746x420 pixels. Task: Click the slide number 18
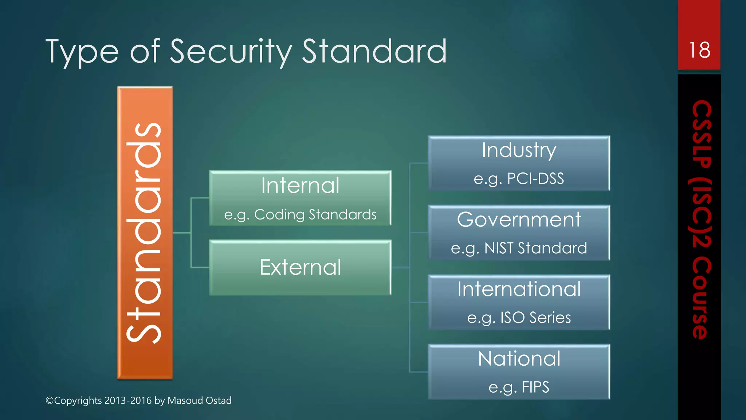coord(699,50)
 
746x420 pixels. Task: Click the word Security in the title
coord(231,51)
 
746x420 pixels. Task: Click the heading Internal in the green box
coord(300,186)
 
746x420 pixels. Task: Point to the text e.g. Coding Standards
coord(300,214)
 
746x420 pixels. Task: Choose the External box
coord(300,267)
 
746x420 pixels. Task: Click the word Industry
coord(519,150)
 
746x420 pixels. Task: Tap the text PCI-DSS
coord(535,179)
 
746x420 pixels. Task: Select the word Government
coord(519,220)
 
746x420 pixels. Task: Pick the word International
coord(519,289)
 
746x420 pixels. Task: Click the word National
coord(519,359)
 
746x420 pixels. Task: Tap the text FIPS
coord(535,387)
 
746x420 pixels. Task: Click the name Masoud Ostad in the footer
coord(199,400)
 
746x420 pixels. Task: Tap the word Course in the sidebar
coord(701,298)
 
